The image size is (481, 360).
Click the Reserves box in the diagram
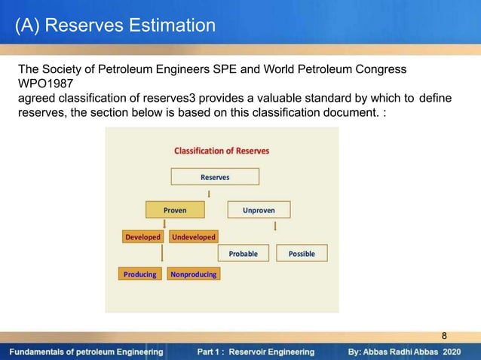215,177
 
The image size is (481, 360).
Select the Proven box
175,210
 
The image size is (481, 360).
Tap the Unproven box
259,210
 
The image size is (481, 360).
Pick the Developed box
143,237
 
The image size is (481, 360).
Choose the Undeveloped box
194,237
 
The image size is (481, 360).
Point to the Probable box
244,254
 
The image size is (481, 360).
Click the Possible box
302,254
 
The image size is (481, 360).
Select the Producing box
140,274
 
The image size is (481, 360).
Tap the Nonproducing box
194,274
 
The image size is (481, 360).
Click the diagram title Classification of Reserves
222,151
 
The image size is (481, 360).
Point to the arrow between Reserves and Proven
208,194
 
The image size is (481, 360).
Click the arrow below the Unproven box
275,225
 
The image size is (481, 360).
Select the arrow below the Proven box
164,224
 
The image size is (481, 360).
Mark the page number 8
444,335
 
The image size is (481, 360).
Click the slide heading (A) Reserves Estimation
115,26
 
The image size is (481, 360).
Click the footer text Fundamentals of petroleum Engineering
87,352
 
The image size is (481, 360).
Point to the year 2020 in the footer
452,352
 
